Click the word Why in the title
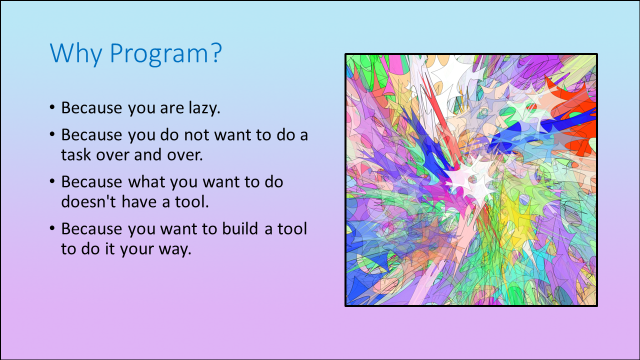pyautogui.click(x=76, y=53)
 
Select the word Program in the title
pyautogui.click(x=159, y=54)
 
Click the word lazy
pyautogui.click(x=204, y=108)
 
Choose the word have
pyautogui.click(x=139, y=201)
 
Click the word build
pyautogui.click(x=240, y=228)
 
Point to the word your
pyautogui.click(x=137, y=249)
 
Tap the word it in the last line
pyautogui.click(x=109, y=248)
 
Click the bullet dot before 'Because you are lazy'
pyautogui.click(x=52, y=107)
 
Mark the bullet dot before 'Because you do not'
pyautogui.click(x=52, y=134)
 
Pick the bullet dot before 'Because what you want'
pyautogui.click(x=52, y=181)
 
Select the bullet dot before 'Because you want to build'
pyautogui.click(x=52, y=228)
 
